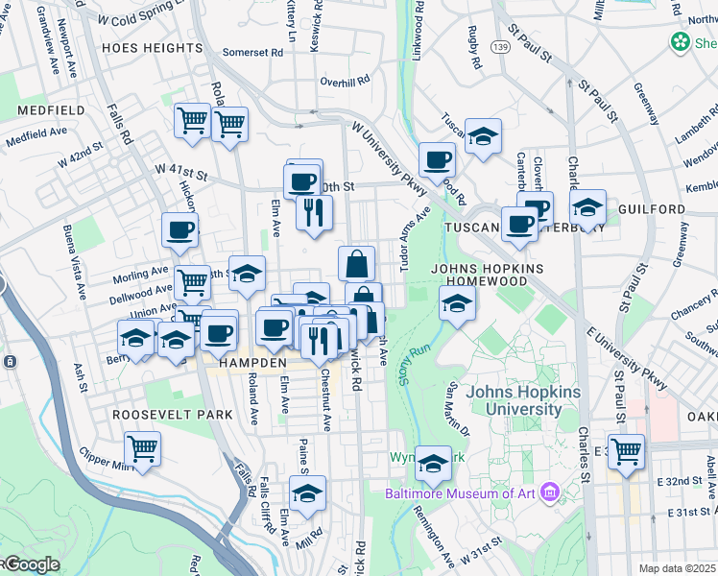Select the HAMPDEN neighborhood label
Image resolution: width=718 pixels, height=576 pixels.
click(x=252, y=365)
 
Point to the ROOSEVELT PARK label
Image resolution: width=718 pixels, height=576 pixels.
click(x=173, y=414)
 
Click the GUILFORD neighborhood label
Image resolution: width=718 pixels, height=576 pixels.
click(x=658, y=208)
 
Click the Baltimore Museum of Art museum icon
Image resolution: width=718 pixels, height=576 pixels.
click(x=550, y=493)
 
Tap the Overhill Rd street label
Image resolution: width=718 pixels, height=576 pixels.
click(x=346, y=82)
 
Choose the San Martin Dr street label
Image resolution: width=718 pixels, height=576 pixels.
click(x=456, y=403)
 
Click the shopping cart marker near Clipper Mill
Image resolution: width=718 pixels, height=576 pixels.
click(x=143, y=448)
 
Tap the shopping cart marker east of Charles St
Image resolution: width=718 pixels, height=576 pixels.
click(x=626, y=449)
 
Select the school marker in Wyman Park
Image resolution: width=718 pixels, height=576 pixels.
click(x=434, y=464)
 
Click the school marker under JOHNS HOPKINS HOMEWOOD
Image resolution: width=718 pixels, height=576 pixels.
click(x=458, y=304)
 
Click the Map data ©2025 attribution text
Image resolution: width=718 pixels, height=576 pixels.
click(x=678, y=568)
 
